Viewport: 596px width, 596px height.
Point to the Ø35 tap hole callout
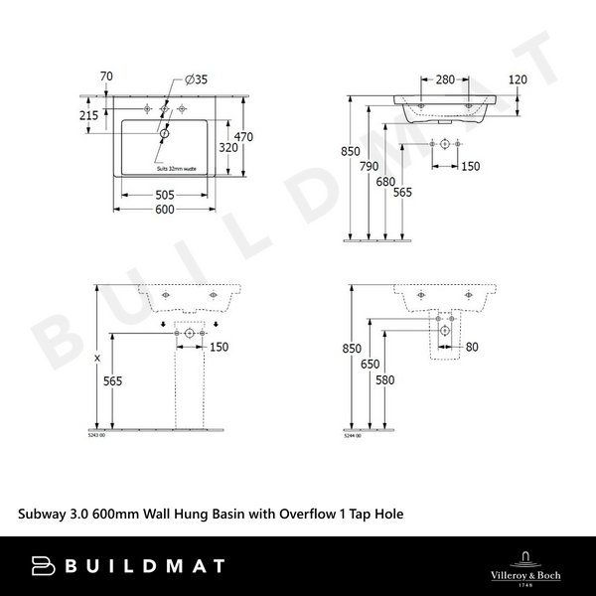click(196, 79)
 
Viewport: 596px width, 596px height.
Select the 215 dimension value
click(89, 116)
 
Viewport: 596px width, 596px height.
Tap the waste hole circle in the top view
click(165, 130)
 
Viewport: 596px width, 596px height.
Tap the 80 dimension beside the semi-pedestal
click(471, 347)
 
